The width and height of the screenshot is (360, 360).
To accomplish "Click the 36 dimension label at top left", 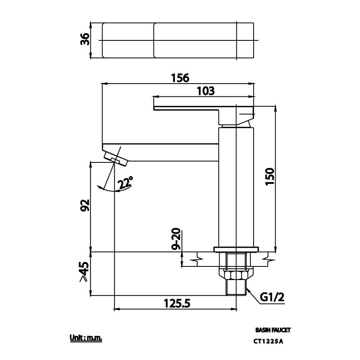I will coord(84,40).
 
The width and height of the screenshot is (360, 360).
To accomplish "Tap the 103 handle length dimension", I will coord(206,91).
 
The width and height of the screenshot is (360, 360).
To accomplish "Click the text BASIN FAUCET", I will coord(273,330).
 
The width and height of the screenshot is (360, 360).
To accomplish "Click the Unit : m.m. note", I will coord(86,338).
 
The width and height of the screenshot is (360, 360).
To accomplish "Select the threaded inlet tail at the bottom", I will coord(236,287).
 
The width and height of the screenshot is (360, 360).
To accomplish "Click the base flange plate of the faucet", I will coord(236,250).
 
